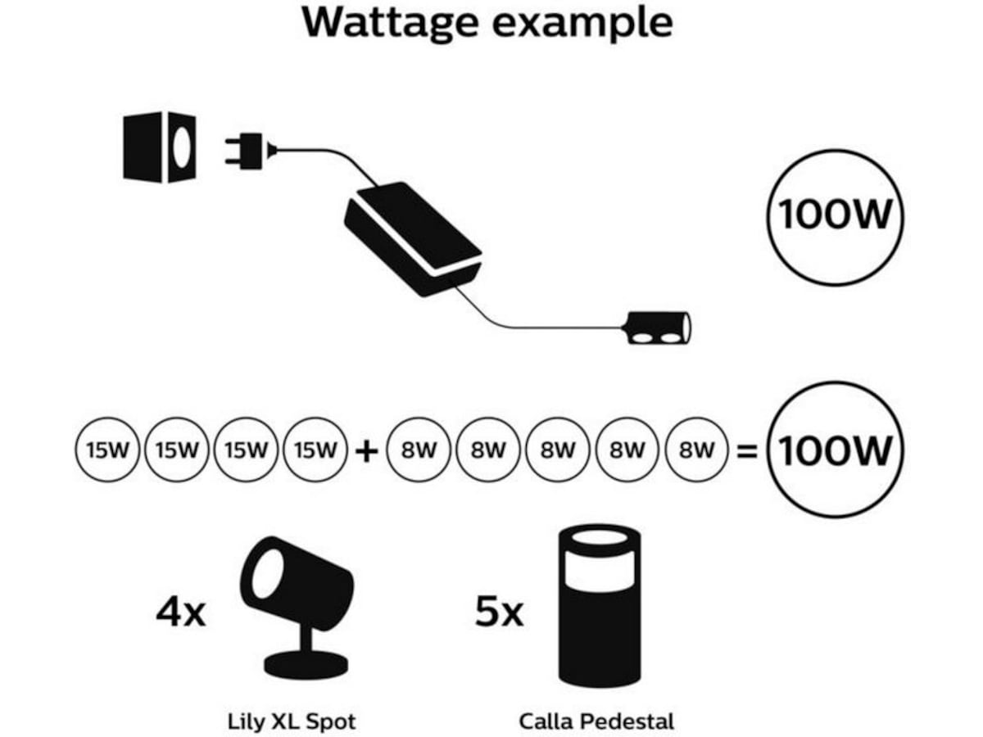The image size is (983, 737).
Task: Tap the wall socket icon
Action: coord(160,147)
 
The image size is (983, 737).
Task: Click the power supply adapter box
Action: coord(414,237)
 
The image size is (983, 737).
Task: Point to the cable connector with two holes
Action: coord(658,328)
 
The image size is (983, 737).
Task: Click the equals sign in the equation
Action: coord(747,451)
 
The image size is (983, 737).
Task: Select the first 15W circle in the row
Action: coord(109,450)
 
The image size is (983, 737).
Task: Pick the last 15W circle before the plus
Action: coord(316,450)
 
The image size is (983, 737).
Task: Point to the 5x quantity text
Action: coord(498,612)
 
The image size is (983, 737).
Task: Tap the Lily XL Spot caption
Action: coord(292,721)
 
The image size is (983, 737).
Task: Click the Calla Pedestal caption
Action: coord(596,721)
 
